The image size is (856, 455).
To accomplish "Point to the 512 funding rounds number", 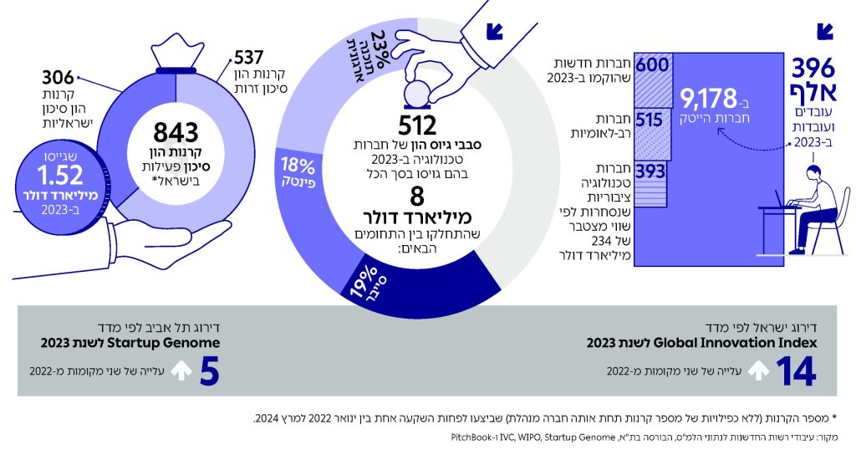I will pyautogui.click(x=418, y=126).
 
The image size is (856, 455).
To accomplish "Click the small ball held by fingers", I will pyautogui.click(x=417, y=89).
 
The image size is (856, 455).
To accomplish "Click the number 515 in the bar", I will pyautogui.click(x=650, y=120).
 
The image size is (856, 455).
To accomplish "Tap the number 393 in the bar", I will pyautogui.click(x=650, y=172).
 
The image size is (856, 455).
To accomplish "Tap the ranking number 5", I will pyautogui.click(x=209, y=371).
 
